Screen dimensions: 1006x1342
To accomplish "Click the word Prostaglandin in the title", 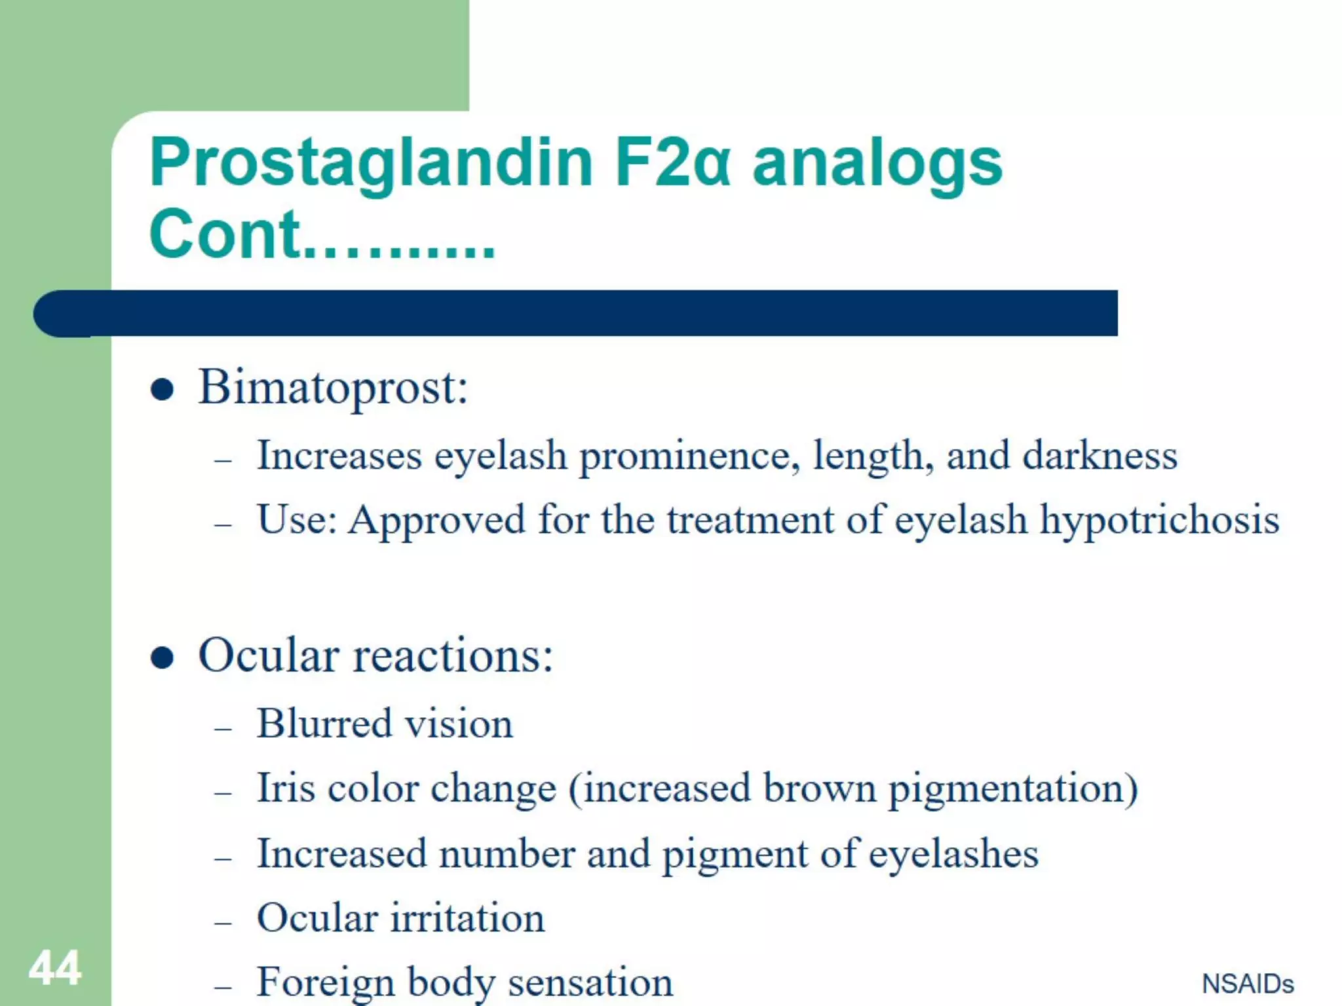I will (x=371, y=164).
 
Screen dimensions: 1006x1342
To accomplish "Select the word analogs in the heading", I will (x=877, y=164).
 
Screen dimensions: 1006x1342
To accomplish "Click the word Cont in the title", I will (x=224, y=234).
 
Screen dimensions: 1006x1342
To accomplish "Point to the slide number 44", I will (x=55, y=967).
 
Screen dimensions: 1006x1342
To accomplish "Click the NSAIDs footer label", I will (x=1248, y=984).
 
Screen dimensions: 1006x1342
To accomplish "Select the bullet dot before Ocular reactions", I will (x=162, y=657).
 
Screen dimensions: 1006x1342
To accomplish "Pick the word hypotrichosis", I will (x=1159, y=521).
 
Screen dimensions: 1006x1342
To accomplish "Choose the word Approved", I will (x=436, y=521).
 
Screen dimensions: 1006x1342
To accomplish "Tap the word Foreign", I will (x=325, y=982).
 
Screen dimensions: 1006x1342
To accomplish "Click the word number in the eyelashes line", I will (x=507, y=854).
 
